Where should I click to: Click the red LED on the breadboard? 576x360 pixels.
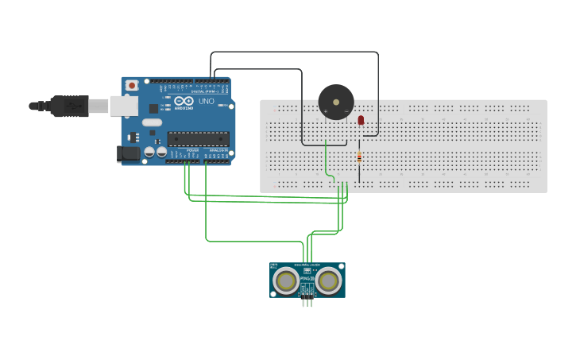pyautogui.click(x=361, y=120)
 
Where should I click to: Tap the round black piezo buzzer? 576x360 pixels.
pyautogui.click(x=335, y=103)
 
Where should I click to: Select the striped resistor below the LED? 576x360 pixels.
pyautogui.click(x=359, y=157)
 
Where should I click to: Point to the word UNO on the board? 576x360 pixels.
pyautogui.click(x=206, y=101)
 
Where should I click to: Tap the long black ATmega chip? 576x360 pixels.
pyautogui.click(x=198, y=138)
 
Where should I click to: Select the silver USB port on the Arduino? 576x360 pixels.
pyautogui.click(x=123, y=106)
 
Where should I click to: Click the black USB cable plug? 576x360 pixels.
pyautogui.click(x=69, y=106)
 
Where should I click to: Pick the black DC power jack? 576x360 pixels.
pyautogui.click(x=127, y=153)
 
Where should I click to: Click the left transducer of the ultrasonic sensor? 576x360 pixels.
pyautogui.click(x=286, y=280)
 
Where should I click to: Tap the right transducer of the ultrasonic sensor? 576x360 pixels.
pyautogui.click(x=328, y=280)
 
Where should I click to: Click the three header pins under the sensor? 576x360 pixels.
pyautogui.click(x=307, y=300)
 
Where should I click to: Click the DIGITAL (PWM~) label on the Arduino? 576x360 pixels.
pyautogui.click(x=203, y=91)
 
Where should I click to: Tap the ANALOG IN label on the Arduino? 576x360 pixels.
pyautogui.click(x=218, y=149)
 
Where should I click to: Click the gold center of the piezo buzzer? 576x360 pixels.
pyautogui.click(x=335, y=102)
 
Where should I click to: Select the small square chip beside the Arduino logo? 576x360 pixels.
pyautogui.click(x=153, y=107)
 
